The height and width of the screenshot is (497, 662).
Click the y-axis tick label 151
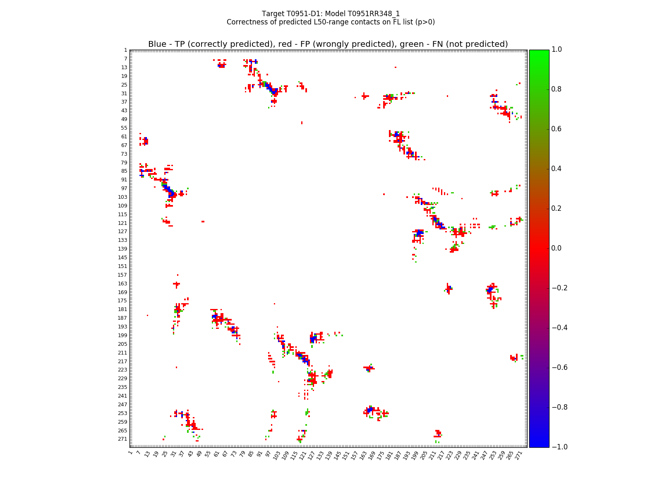(123, 266)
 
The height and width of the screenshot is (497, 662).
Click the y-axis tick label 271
(123, 439)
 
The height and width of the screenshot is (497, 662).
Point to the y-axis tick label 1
(125, 50)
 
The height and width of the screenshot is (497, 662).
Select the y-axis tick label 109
(123, 205)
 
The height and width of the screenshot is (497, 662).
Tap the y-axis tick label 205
(123, 344)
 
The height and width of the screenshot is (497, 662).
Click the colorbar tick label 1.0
(557, 50)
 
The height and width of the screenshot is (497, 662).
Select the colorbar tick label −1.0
(555, 447)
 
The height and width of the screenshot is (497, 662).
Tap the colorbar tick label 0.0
(557, 248)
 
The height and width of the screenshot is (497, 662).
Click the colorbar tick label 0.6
(557, 129)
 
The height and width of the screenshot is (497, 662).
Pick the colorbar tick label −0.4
(555, 328)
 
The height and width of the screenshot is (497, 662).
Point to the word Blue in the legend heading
(157, 44)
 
